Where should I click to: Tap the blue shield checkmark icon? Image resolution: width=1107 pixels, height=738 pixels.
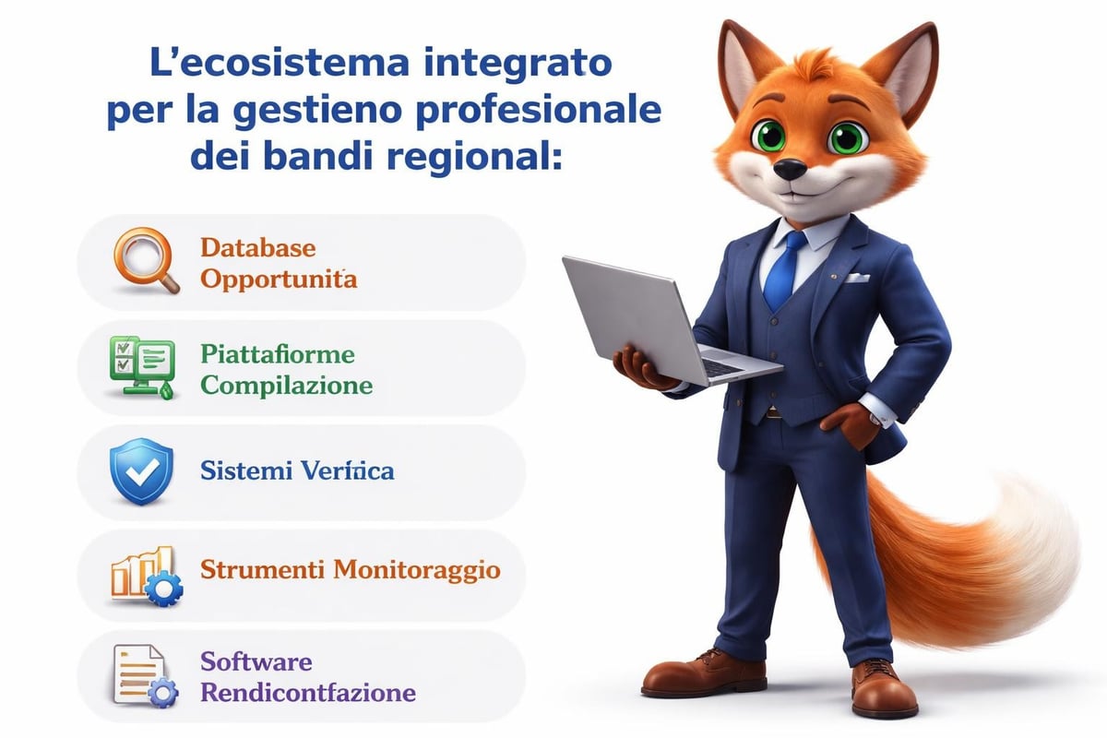click(141, 470)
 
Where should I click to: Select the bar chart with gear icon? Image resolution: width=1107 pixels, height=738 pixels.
click(142, 574)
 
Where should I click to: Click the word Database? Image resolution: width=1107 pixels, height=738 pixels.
click(257, 248)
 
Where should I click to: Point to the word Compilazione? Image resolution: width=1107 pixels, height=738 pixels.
click(287, 385)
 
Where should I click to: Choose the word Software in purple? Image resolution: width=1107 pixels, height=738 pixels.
click(256, 661)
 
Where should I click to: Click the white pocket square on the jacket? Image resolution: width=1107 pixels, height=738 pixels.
click(858, 276)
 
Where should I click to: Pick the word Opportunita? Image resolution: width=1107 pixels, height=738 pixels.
click(278, 278)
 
